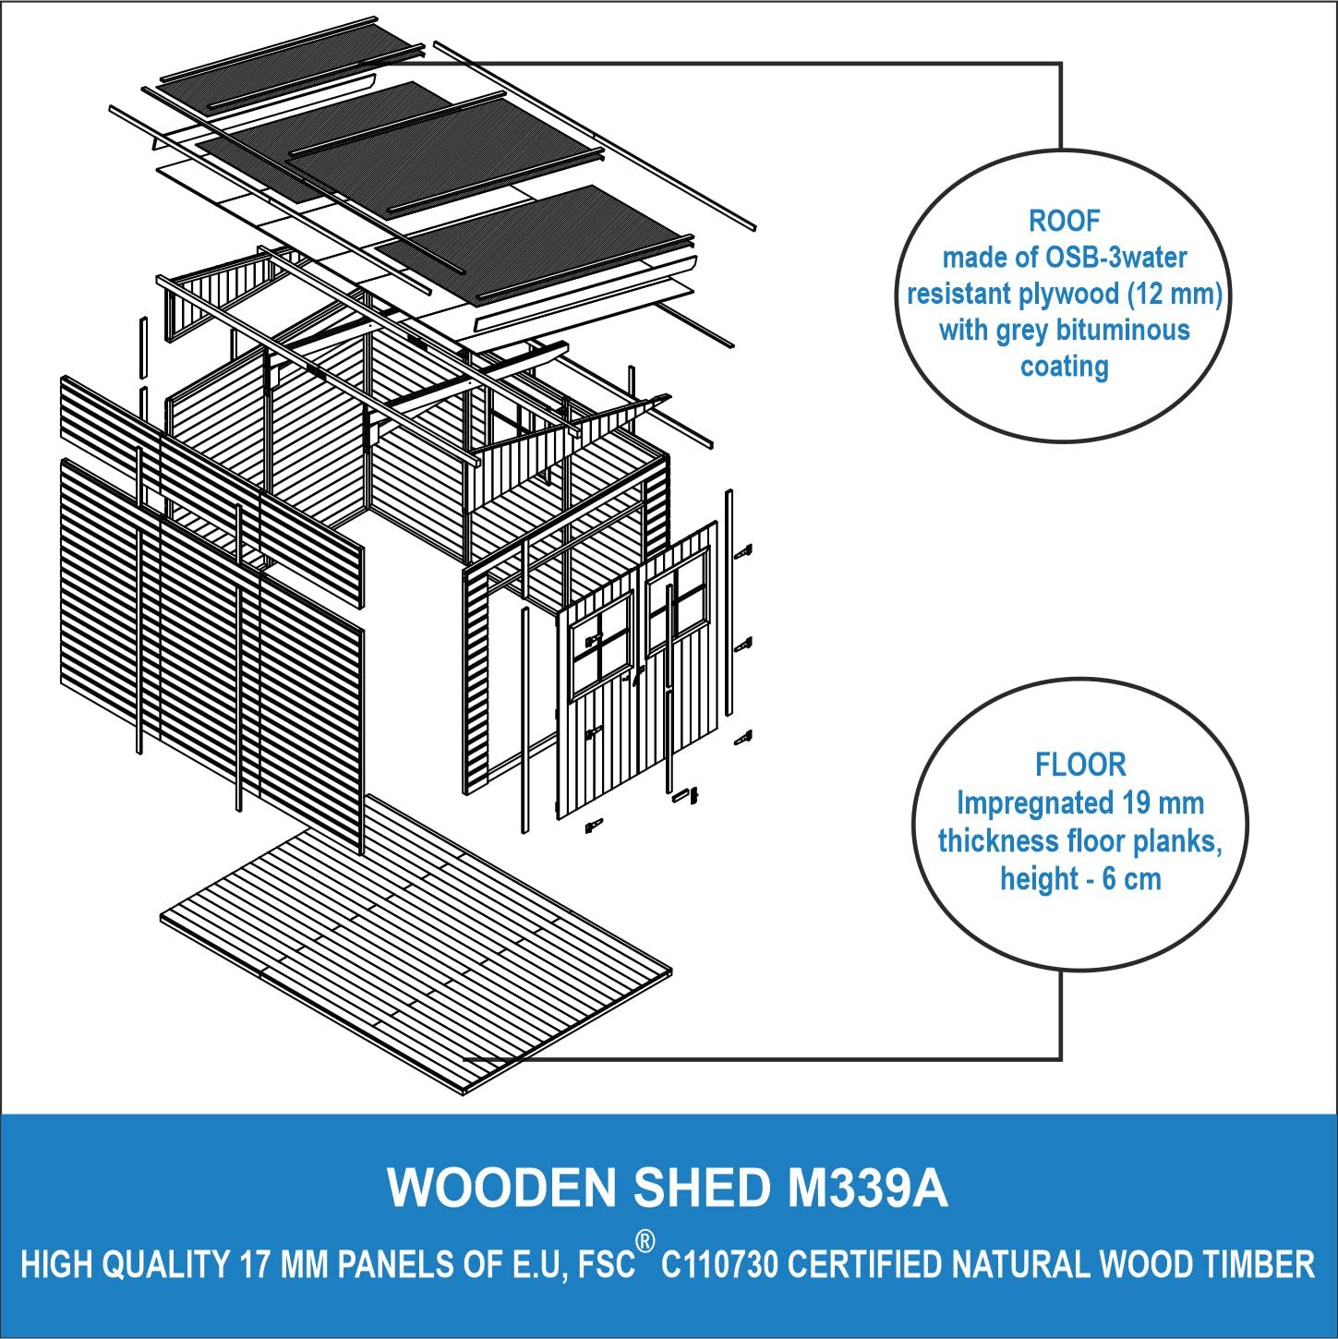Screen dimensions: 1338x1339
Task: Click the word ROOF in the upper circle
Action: pyautogui.click(x=1064, y=221)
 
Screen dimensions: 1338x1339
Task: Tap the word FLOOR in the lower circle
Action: pyautogui.click(x=1080, y=765)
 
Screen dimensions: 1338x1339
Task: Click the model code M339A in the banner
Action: pyautogui.click(x=867, y=1188)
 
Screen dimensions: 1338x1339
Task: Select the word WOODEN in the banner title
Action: pyautogui.click(x=501, y=1188)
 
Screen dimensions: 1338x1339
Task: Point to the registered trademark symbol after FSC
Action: pyautogui.click(x=645, y=1242)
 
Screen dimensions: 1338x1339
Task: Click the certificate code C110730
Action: pyautogui.click(x=719, y=1264)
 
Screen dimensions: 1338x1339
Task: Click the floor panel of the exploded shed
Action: pyautogui.click(x=416, y=945)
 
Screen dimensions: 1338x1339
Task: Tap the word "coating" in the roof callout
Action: pyautogui.click(x=1064, y=367)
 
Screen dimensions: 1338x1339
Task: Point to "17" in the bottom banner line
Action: pyautogui.click(x=254, y=1264)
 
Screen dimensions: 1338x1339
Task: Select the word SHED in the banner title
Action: pyautogui.click(x=702, y=1188)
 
